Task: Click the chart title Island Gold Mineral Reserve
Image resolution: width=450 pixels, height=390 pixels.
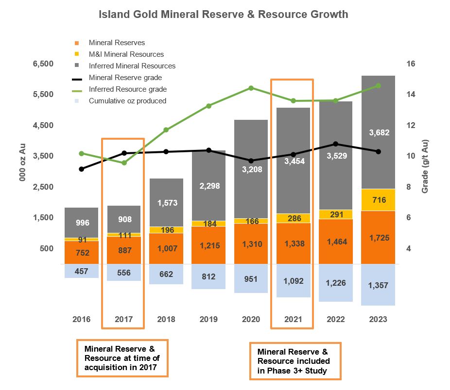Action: tap(223, 14)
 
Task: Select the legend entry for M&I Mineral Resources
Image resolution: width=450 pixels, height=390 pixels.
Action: tap(126, 54)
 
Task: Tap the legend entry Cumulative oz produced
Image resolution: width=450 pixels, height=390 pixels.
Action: tap(127, 101)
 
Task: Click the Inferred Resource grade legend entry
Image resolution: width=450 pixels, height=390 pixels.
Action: tap(127, 89)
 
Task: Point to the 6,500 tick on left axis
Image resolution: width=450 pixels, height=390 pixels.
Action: tap(43, 64)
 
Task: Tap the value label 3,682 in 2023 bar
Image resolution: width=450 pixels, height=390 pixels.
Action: tap(378, 132)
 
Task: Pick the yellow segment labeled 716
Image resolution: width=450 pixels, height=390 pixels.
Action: tap(378, 200)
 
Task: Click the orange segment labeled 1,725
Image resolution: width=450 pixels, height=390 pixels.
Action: tap(378, 238)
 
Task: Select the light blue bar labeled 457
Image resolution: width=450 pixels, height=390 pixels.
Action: tap(81, 271)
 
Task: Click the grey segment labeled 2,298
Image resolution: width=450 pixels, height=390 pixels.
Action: tap(208, 186)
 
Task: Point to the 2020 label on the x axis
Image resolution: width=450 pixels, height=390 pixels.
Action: tap(251, 319)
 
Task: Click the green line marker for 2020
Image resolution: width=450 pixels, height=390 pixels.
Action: tap(251, 88)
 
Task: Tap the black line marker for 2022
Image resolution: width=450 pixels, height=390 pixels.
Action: tap(336, 144)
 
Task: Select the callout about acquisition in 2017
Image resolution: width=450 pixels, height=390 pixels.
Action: tap(122, 357)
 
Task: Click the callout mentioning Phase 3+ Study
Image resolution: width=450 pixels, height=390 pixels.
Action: tap(295, 361)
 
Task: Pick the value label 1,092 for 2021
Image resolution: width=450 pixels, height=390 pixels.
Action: tap(294, 280)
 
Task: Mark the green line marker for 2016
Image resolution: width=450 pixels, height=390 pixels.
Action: tap(81, 153)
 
